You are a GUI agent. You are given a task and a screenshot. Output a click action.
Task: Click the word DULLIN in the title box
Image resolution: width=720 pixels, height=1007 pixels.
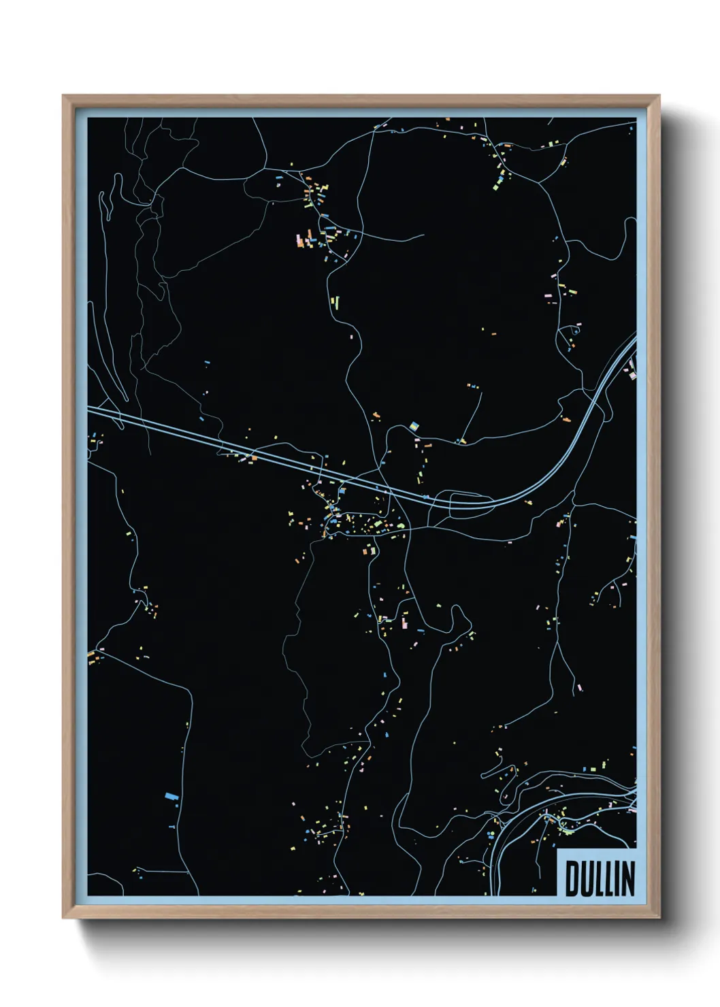[x=599, y=878]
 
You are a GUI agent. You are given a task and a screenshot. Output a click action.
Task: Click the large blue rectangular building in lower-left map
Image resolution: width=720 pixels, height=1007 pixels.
[x=171, y=795]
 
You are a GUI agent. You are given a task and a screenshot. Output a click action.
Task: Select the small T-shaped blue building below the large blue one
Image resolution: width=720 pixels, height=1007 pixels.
[x=170, y=826]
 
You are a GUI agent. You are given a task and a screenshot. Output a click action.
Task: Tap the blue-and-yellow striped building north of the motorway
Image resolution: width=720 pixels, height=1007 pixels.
[x=413, y=427]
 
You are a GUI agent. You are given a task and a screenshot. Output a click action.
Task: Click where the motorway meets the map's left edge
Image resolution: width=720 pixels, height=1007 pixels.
[x=89, y=409]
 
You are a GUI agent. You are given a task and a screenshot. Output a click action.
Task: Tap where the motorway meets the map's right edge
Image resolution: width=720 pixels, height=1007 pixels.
[x=635, y=340]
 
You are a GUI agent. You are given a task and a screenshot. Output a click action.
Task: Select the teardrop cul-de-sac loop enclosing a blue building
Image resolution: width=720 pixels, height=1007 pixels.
[x=573, y=331]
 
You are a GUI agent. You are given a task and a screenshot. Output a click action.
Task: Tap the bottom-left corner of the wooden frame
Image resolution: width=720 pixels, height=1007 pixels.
[x=64, y=917]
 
